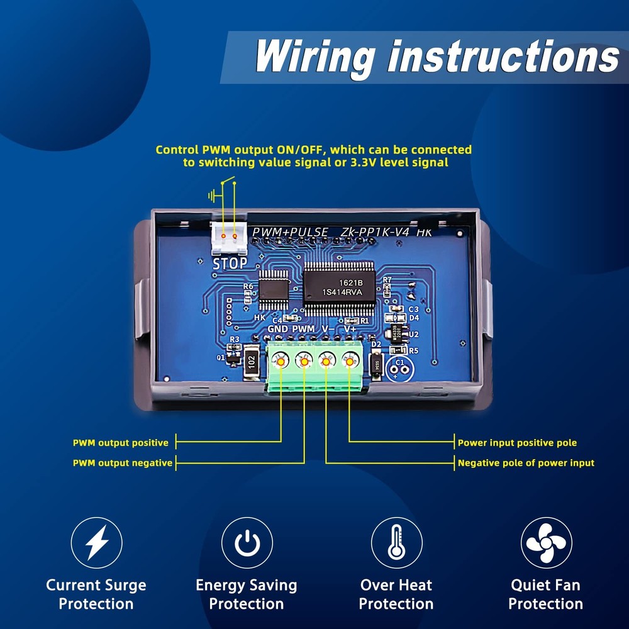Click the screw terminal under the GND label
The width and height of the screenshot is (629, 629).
coord(281,360)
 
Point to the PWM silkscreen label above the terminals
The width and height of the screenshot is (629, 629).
coord(303,329)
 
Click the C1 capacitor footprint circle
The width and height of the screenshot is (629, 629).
coord(398,366)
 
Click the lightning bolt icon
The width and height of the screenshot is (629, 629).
coord(96,542)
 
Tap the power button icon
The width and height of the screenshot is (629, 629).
coord(247,542)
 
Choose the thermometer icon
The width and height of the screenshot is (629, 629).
coord(396,542)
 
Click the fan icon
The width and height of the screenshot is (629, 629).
coord(546,542)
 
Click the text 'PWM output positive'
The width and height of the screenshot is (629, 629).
coord(121,443)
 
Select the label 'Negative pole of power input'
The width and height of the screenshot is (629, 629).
coord(526,463)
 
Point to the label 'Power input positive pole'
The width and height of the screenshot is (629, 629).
coord(517,443)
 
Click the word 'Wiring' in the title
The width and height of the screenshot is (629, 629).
coord(314,57)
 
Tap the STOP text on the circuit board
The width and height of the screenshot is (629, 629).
coord(230,264)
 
